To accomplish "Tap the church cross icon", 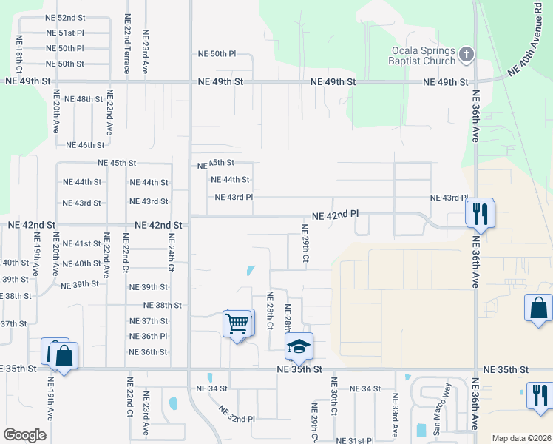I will [466, 53].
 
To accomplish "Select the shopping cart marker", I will [237, 323].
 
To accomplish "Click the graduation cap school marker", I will [299, 346].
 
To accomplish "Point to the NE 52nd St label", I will [65, 17].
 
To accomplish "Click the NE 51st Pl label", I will [65, 33].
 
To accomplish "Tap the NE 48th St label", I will [84, 99].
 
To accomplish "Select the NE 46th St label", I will [85, 146].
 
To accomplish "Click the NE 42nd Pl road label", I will [335, 215].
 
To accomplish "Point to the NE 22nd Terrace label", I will [128, 43].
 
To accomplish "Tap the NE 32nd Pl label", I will [237, 414].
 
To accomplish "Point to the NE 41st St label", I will [81, 243].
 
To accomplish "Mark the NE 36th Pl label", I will [149, 336].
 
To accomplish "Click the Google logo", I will [24, 434].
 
